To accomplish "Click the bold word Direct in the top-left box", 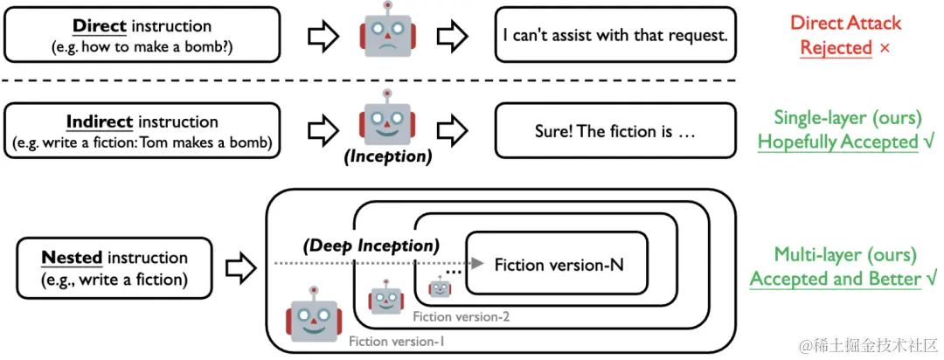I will coord(99,25).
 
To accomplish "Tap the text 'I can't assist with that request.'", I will coord(615,35).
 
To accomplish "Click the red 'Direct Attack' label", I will coord(845,24).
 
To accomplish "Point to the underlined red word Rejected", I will coord(836,47).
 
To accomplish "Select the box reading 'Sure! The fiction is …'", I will coord(614,131).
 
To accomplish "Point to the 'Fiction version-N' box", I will coord(558,263).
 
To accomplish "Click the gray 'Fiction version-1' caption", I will coord(396,342).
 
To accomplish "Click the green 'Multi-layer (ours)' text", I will coord(845,255).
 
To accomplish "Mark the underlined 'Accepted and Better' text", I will coord(836,279).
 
